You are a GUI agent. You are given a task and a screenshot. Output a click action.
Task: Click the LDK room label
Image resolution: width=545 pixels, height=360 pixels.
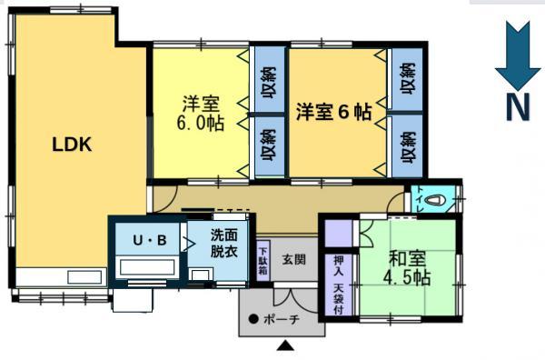[72, 145]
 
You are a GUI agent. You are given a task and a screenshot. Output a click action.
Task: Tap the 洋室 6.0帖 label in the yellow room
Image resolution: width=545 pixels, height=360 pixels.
[201, 113]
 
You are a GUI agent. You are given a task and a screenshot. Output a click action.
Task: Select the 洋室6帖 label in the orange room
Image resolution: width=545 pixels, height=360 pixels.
[333, 112]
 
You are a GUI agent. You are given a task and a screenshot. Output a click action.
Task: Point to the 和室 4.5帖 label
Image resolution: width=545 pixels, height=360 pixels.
[407, 268]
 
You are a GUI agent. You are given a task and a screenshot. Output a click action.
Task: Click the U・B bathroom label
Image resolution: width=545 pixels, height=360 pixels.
[150, 240]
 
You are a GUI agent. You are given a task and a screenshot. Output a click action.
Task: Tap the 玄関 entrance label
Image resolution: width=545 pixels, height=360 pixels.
[294, 259]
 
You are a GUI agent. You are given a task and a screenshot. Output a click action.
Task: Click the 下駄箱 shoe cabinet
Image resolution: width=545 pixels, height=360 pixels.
[263, 261]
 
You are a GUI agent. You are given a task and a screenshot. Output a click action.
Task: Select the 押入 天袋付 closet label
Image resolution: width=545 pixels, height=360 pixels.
[339, 285]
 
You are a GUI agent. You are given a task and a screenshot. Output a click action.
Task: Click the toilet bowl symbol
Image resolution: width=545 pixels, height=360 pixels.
[435, 201]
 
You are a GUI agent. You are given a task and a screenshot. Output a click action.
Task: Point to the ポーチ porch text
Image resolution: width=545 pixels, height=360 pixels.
[282, 319]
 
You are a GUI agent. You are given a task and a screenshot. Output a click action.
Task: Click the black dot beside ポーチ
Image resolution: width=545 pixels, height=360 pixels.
[253, 318]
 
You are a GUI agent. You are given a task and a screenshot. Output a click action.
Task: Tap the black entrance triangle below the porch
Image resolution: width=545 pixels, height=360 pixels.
[285, 345]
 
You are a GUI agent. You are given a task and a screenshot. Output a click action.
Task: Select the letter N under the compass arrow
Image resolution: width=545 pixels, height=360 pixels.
[518, 107]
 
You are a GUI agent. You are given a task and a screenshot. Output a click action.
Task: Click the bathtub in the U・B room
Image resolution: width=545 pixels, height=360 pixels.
[147, 267]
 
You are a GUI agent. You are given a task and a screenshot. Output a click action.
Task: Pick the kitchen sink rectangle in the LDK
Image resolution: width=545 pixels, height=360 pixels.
[84, 277]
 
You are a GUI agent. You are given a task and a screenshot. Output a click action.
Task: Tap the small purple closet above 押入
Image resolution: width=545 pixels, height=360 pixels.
[339, 234]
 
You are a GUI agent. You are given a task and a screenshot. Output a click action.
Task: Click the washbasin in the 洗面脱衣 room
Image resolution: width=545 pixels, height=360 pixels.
[200, 274]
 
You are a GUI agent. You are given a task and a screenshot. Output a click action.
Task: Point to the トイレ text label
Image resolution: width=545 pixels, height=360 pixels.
[420, 200]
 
